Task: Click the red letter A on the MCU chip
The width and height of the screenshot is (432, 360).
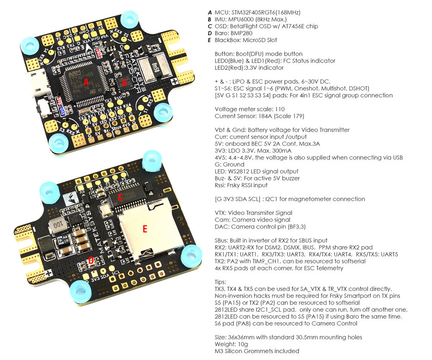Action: click(86, 81)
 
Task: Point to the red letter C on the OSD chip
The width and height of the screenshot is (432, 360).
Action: click(121, 197)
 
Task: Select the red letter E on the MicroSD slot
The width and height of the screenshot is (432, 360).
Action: click(145, 229)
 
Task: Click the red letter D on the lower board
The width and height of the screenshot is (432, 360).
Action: click(91, 260)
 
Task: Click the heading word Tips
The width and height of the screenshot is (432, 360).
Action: click(221, 282)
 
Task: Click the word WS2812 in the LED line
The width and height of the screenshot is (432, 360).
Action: click(242, 171)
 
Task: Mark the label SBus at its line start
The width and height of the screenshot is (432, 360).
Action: click(222, 240)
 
